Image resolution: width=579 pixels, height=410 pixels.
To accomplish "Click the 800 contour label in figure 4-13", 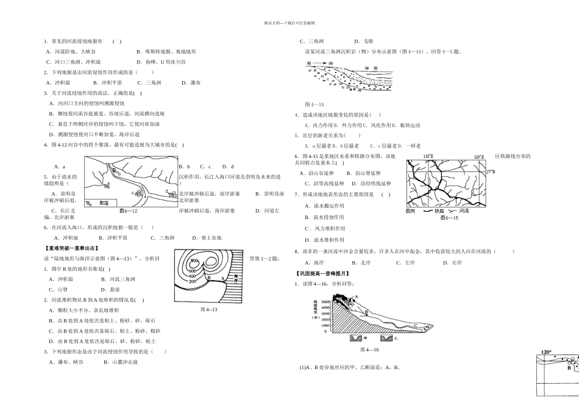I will (194, 261).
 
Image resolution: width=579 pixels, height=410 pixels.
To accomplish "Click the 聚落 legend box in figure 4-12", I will (94, 204).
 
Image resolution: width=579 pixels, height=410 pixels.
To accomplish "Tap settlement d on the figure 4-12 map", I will (167, 192).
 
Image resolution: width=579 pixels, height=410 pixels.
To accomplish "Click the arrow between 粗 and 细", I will (319, 63).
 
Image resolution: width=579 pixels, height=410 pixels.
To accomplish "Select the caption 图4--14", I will (314, 104).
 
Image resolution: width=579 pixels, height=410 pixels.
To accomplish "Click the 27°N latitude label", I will (490, 172).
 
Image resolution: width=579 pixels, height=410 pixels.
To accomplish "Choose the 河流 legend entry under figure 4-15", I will (463, 211).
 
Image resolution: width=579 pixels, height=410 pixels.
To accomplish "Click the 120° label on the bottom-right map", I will (546, 352).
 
